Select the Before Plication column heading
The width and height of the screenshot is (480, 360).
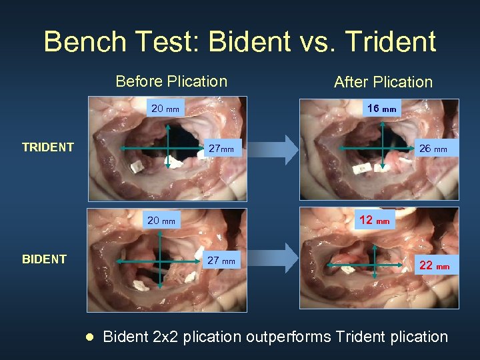pyautogui.click(x=171, y=81)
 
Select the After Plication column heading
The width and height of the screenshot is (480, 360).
pyautogui.click(x=383, y=82)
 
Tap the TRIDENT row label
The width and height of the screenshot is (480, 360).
pyautogui.click(x=48, y=147)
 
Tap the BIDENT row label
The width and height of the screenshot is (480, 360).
pyautogui.click(x=45, y=259)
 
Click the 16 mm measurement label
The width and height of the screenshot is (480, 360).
pyautogui.click(x=381, y=108)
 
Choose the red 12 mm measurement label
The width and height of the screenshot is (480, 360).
pyautogui.click(x=375, y=220)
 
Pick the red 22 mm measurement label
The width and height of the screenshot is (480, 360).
pyautogui.click(x=434, y=265)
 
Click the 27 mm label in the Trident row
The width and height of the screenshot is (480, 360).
pyautogui.click(x=221, y=149)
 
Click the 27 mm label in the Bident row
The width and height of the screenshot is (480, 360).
pyautogui.click(x=221, y=261)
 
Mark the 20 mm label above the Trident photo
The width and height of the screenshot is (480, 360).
pyautogui.click(x=165, y=108)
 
